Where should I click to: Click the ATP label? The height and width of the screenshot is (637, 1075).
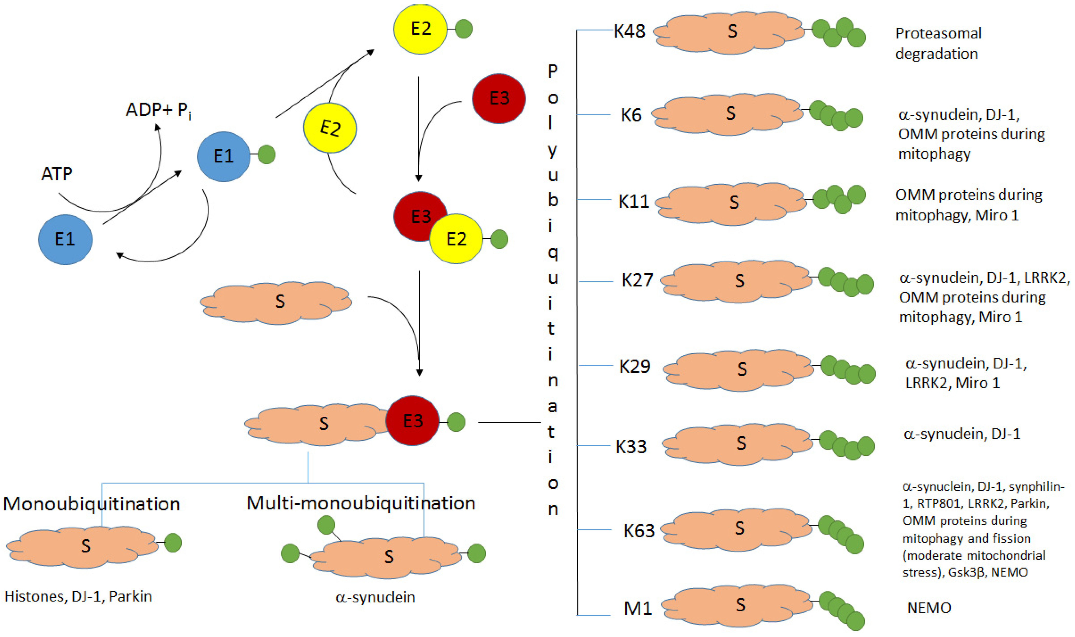pyautogui.click(x=57, y=174)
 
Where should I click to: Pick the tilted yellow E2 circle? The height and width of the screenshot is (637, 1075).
pyautogui.click(x=330, y=128)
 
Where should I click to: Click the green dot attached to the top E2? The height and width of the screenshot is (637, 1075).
pyautogui.click(x=464, y=29)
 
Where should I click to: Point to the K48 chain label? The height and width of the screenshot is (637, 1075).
pyautogui.click(x=629, y=31)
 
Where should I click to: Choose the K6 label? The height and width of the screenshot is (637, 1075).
pyautogui.click(x=631, y=115)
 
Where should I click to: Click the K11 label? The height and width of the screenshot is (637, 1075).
pyautogui.click(x=633, y=201)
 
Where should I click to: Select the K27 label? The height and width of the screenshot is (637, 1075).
pyautogui.click(x=637, y=280)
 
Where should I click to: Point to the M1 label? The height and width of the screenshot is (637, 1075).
pyautogui.click(x=638, y=608)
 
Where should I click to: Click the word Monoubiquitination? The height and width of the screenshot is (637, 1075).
pyautogui.click(x=92, y=504)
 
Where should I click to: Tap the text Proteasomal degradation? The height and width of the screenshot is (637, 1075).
pyautogui.click(x=938, y=43)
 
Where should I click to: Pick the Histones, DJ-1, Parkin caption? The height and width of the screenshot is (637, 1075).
pyautogui.click(x=78, y=596)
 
